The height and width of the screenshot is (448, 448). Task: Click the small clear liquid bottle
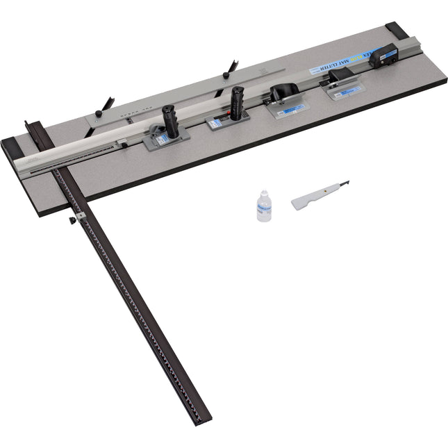[x=264, y=207]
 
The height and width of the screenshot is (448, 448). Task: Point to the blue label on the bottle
[x=265, y=208]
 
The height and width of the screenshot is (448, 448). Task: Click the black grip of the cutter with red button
[x=238, y=101]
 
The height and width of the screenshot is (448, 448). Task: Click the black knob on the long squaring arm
[x=72, y=221]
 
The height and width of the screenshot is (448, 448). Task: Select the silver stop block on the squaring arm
[x=81, y=217]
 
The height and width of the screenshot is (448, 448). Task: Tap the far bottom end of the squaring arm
[x=204, y=420]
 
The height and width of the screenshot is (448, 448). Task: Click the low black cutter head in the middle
[x=283, y=93]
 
